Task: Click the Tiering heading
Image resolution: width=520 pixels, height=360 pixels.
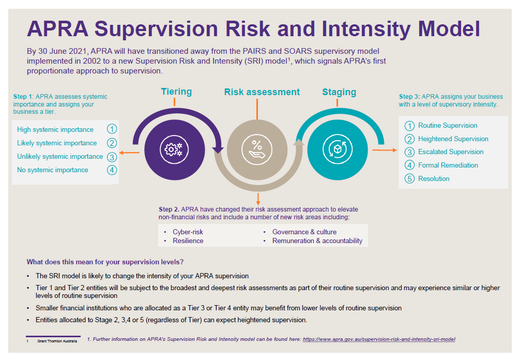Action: click(x=176, y=92)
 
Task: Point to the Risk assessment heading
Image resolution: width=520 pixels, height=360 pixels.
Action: click(x=262, y=92)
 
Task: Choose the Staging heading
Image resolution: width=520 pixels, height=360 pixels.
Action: click(x=339, y=92)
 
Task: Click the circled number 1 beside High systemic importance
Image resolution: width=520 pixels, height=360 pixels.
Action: click(x=112, y=129)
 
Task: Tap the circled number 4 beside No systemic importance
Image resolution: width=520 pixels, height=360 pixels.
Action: click(x=112, y=170)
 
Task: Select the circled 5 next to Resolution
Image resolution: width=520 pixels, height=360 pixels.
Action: click(x=409, y=179)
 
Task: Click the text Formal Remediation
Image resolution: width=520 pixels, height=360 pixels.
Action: click(x=448, y=166)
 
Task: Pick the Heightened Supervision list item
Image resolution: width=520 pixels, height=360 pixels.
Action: click(x=453, y=139)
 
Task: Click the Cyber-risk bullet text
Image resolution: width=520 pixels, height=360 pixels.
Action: click(x=188, y=232)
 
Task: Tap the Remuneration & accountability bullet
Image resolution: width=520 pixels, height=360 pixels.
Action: click(x=317, y=241)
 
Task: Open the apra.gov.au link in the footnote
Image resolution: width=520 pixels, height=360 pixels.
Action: click(x=378, y=339)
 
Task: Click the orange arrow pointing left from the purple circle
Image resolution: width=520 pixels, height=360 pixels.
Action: click(x=129, y=153)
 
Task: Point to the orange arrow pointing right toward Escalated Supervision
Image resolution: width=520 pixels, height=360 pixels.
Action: click(x=384, y=151)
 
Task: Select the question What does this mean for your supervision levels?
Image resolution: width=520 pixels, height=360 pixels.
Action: click(x=105, y=262)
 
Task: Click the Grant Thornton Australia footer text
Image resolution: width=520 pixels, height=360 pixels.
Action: click(x=57, y=341)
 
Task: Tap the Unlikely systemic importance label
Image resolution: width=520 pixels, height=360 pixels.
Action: click(x=60, y=157)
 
